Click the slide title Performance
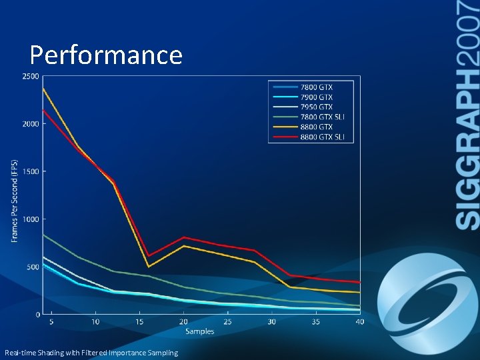(106, 55)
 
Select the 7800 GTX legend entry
(317, 87)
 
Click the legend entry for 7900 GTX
(317, 97)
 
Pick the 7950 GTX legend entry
(317, 107)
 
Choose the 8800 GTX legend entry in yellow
(317, 127)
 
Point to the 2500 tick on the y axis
(31, 76)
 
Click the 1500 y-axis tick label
(31, 171)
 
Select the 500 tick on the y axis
(33, 267)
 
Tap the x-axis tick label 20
(183, 322)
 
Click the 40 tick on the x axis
(360, 322)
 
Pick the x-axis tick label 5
(51, 322)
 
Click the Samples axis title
(199, 331)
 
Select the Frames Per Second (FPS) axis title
(15, 201)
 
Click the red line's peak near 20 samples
(183, 237)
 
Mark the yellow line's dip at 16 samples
(148, 267)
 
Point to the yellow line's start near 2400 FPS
(43, 88)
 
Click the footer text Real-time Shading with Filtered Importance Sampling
(91, 353)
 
